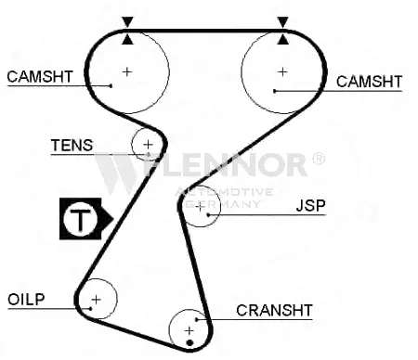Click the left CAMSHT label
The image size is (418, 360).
click(40, 77)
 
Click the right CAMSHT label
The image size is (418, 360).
click(369, 82)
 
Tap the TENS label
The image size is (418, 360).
click(72, 145)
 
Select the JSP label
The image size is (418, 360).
click(310, 206)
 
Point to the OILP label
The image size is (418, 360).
click(26, 300)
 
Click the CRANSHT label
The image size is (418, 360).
click(274, 310)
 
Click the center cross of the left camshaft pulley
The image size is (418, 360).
click(127, 71)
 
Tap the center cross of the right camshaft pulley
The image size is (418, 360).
click(282, 71)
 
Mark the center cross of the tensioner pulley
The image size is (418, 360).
click(149, 145)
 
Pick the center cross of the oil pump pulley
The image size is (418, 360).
click(97, 300)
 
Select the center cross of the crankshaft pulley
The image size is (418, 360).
click(189, 331)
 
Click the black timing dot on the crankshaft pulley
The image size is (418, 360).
click(190, 342)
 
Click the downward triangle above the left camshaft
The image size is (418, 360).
click(127, 21)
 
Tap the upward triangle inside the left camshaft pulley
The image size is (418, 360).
click(127, 40)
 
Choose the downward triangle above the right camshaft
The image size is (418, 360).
click(282, 21)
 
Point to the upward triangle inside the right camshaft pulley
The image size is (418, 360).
click(282, 40)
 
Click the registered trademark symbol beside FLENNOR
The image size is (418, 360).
click(318, 159)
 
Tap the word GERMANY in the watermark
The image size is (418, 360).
click(223, 204)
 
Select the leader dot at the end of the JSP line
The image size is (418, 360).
click(208, 214)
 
